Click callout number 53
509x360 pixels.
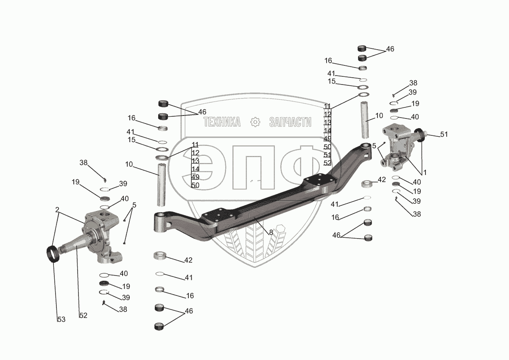[x=62, y=319]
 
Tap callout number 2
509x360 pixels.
[x=57, y=209]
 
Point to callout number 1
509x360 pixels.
[x=425, y=173]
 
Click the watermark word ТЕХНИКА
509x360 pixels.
[x=222, y=122]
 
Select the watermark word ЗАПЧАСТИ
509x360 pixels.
[x=290, y=122]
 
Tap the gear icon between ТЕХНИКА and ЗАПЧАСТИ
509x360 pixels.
[x=255, y=122]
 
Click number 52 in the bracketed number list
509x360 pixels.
[x=327, y=163]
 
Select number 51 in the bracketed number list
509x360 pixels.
[x=327, y=155]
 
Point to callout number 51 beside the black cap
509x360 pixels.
[x=444, y=135]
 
